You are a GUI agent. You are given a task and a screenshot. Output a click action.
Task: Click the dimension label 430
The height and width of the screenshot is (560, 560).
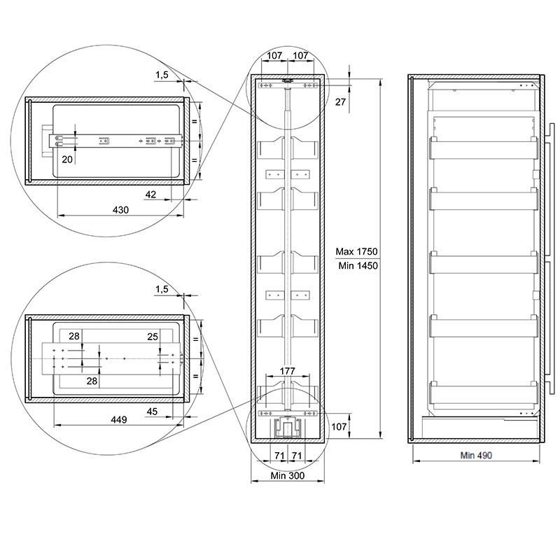tap(120, 210)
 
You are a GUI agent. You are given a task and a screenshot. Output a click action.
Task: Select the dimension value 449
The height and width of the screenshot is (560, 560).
tap(119, 419)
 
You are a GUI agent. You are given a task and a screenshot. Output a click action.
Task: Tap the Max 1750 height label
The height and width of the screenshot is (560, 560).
tap(356, 252)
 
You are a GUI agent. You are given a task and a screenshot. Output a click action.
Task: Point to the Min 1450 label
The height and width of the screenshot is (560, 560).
tap(358, 266)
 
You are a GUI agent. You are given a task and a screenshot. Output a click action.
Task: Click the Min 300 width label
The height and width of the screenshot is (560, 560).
tap(288, 476)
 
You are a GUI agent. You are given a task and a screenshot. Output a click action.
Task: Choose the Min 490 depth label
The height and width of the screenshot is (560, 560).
tap(476, 456)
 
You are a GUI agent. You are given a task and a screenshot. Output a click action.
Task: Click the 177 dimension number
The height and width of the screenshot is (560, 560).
tap(288, 371)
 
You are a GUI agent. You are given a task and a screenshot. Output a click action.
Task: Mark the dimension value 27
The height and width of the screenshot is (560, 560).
tap(340, 102)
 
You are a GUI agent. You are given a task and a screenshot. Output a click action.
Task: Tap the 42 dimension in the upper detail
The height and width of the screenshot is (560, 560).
tap(150, 195)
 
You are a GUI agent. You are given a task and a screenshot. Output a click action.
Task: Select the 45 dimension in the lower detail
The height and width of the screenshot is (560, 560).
tap(152, 412)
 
